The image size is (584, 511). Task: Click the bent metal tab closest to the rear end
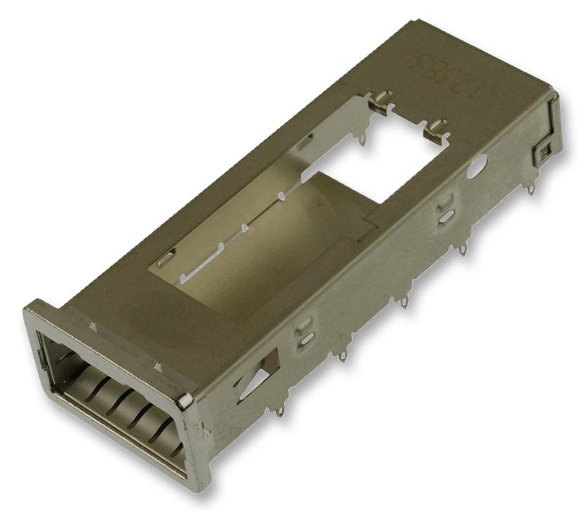point(434,129)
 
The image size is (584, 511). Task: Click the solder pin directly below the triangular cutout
point(281,411)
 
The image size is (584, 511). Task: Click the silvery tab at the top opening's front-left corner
point(162,262)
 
